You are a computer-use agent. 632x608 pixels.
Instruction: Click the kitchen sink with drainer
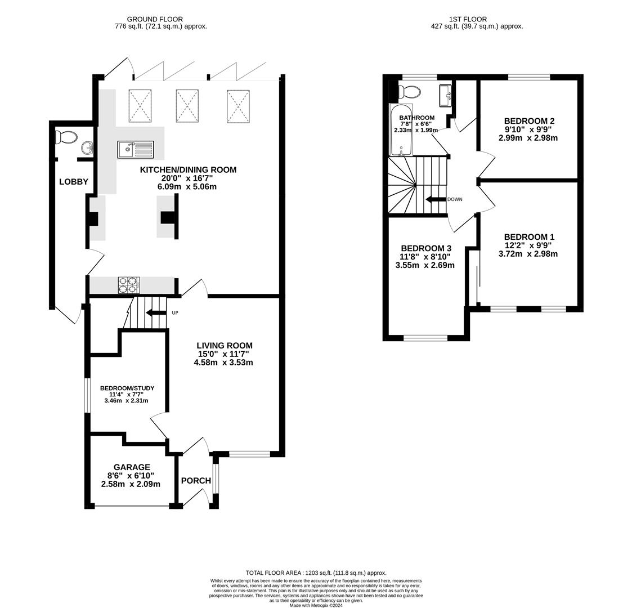[x=135, y=149]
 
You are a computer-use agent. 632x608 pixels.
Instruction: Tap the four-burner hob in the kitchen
[x=128, y=285]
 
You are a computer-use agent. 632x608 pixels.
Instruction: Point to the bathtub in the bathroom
[x=401, y=129]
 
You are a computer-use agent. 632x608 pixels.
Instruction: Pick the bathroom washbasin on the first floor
[x=445, y=95]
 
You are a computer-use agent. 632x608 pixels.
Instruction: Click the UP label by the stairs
[x=175, y=312]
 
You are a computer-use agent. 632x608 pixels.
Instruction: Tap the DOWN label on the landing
[x=455, y=199]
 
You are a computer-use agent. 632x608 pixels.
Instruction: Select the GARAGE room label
[x=132, y=467]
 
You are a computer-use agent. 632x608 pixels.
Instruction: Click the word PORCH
[x=196, y=481]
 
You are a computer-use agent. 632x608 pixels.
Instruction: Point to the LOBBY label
[x=74, y=181]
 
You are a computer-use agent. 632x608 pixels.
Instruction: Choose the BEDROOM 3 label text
[x=426, y=248]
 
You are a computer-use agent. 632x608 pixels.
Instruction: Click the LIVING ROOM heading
[x=225, y=346]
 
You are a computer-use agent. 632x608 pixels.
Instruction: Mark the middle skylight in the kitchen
[x=187, y=105]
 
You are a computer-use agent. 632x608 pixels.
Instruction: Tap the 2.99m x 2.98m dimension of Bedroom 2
[x=528, y=138]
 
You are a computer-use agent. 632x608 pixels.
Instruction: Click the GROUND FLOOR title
[x=155, y=19]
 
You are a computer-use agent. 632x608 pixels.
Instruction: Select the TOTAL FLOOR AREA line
[x=316, y=573]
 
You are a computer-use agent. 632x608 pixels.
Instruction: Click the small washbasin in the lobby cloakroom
[x=87, y=148]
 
